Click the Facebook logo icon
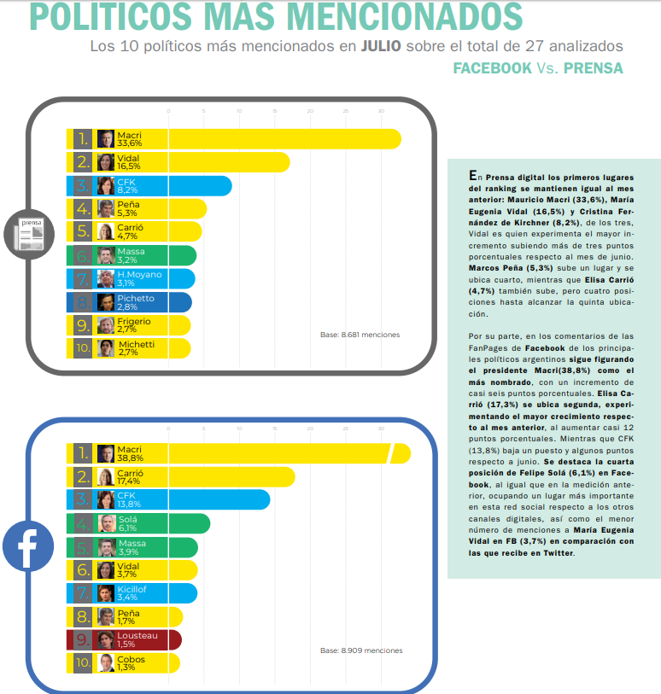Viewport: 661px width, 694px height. click(x=27, y=547)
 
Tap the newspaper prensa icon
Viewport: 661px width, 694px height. click(x=27, y=233)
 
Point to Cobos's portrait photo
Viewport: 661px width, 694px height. click(x=106, y=662)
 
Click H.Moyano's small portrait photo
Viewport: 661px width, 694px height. click(x=106, y=278)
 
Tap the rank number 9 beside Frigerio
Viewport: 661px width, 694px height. click(x=82, y=324)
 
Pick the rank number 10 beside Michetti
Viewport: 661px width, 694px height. click(x=82, y=347)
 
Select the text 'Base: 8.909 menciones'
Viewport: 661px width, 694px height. click(x=361, y=650)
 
